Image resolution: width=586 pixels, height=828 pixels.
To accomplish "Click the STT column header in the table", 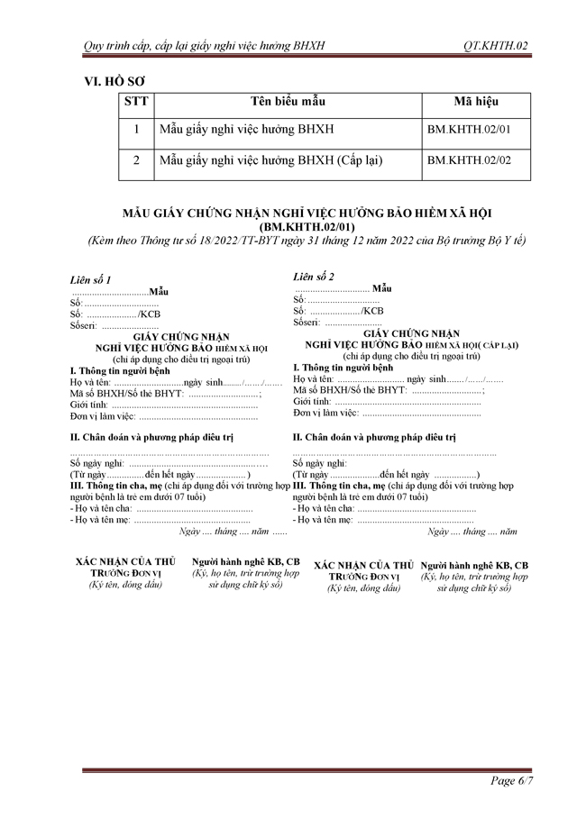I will point(136,102).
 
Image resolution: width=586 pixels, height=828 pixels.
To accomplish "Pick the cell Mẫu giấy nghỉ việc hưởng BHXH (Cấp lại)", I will point(270,160).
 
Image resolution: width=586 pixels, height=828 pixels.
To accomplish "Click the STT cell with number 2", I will point(136,160).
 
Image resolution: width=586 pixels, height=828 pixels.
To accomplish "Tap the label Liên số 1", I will point(91,280).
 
